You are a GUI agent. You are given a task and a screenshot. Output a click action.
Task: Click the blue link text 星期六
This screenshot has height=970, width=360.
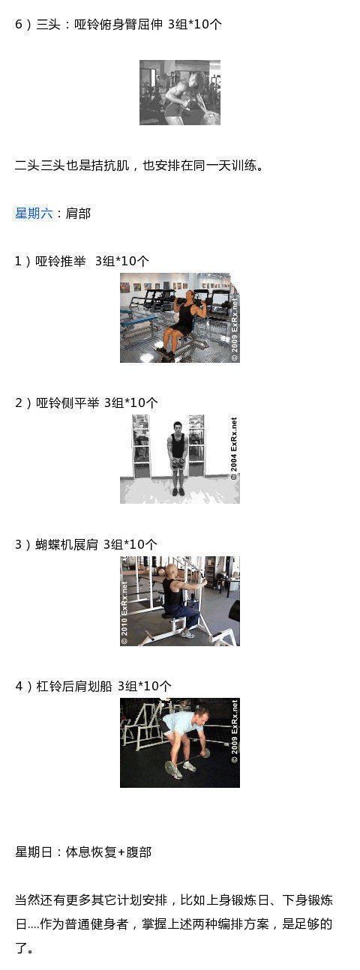click(x=34, y=213)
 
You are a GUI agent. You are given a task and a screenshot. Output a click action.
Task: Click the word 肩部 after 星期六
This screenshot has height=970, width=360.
click(x=78, y=213)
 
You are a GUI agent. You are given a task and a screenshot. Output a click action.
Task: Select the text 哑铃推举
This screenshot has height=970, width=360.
click(x=61, y=261)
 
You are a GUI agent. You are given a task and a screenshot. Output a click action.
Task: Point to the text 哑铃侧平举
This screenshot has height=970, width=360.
click(x=67, y=403)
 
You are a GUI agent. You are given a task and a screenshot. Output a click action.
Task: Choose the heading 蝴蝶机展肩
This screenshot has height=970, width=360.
click(x=67, y=544)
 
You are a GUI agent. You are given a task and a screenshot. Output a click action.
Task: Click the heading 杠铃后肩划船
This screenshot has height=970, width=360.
click(x=74, y=686)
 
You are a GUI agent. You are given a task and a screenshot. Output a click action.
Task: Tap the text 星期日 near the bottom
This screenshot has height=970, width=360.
click(x=34, y=852)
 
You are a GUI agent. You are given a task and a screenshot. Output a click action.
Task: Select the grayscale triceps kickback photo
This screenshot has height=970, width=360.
click(x=180, y=93)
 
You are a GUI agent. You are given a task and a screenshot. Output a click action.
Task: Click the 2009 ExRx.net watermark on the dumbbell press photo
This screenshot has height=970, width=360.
click(x=234, y=329)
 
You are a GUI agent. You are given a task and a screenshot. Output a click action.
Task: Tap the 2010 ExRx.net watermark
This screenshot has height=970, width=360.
click(x=124, y=612)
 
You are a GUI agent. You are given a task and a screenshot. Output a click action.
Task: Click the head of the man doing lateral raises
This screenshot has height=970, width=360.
click(x=177, y=427)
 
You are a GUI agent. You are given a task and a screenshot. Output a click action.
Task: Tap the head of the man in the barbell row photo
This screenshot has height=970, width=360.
click(x=202, y=716)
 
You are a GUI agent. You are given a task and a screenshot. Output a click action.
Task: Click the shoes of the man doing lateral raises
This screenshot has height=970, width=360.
click(x=178, y=492)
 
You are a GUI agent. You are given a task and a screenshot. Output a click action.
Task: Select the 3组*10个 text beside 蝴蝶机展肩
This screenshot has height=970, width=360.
click(x=130, y=544)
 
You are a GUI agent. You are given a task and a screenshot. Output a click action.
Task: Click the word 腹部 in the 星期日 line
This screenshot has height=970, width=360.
click(x=139, y=852)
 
